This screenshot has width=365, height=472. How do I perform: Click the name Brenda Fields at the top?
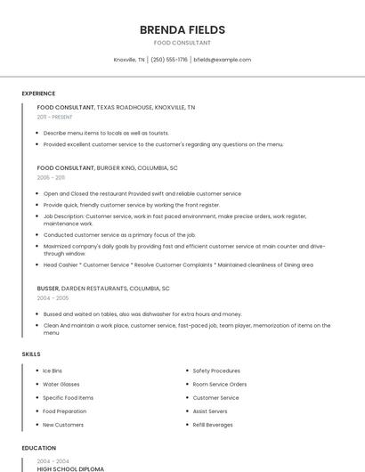coord(182,29)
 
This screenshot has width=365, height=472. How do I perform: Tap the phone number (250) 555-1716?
coord(169,60)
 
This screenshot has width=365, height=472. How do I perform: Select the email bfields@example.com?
coord(223,60)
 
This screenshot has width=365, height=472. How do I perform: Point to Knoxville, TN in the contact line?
coord(129,60)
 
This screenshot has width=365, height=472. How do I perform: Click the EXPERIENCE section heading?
coord(38,94)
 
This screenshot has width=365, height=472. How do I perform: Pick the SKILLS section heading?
coord(31,354)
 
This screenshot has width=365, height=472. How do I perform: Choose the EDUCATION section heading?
coord(38,448)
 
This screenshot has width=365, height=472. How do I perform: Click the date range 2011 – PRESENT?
coord(54,117)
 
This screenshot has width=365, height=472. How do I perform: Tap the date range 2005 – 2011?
coord(51,177)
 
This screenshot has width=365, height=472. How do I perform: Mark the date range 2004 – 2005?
coord(53,298)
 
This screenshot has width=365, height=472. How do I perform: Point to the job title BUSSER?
coord(48,289)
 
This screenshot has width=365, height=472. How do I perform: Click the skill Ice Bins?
coord(53,370)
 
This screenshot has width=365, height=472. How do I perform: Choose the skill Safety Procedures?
coord(216,370)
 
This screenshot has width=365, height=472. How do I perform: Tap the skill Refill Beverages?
coord(213,425)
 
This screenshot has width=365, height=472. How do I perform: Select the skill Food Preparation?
coord(64,411)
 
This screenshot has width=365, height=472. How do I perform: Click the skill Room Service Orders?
coord(219,384)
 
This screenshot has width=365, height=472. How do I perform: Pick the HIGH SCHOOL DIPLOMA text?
coord(70,468)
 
